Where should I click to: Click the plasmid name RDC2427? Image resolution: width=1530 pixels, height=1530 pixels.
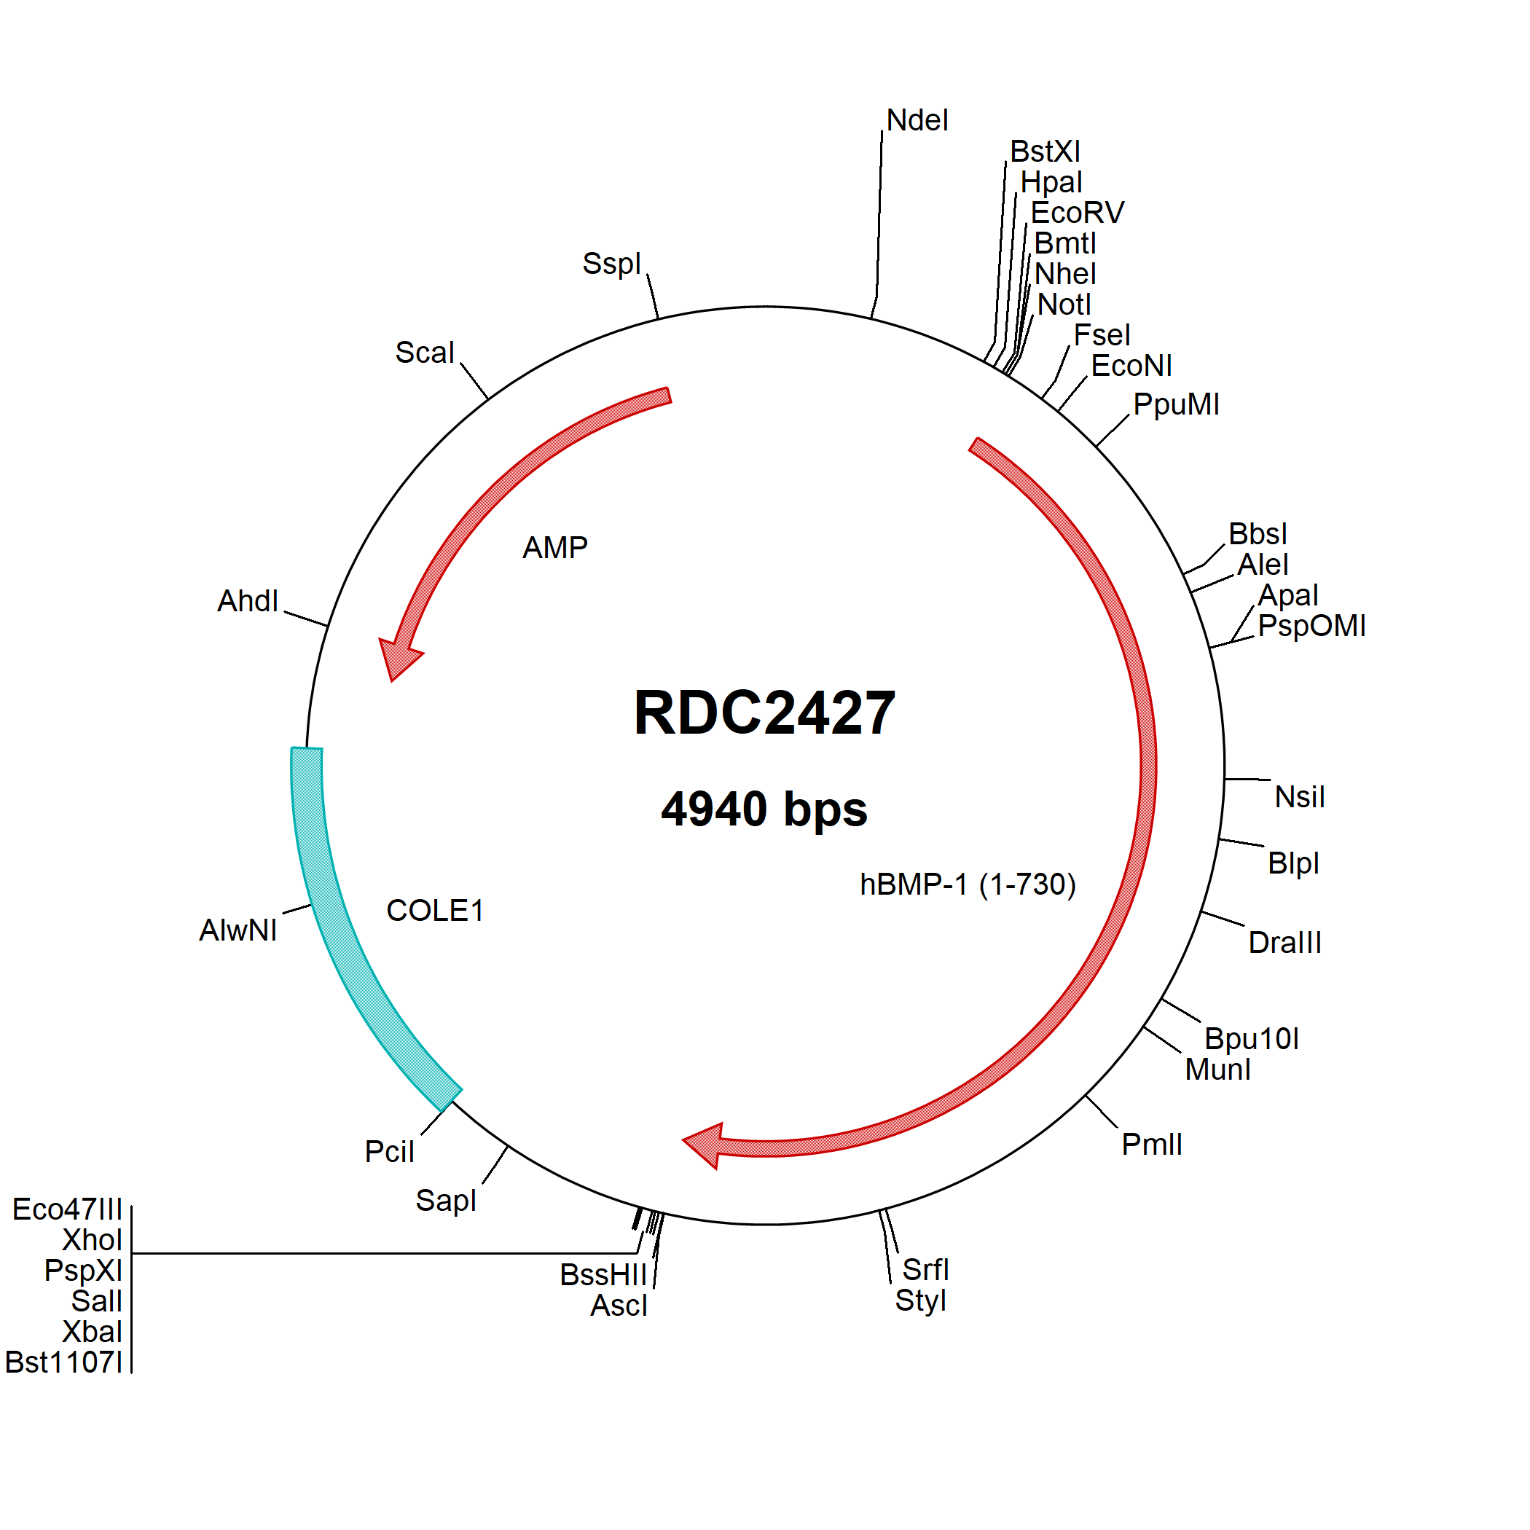coord(764,713)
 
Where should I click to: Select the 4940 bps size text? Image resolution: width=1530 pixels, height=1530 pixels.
coord(764,809)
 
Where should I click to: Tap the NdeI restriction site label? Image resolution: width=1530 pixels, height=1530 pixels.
coord(917,120)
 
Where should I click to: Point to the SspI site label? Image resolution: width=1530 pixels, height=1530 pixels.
coord(611,264)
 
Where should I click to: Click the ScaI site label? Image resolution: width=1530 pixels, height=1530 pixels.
coord(425,353)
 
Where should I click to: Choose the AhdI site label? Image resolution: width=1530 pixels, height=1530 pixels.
coord(248,601)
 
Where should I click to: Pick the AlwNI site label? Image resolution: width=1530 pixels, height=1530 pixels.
coord(238,930)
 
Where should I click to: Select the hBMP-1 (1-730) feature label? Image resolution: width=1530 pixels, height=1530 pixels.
coord(968,884)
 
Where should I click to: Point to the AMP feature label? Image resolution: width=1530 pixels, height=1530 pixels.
coord(555,548)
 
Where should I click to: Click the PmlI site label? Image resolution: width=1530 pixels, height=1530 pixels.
coord(1151,1145)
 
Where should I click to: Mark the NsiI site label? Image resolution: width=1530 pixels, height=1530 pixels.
coord(1300,796)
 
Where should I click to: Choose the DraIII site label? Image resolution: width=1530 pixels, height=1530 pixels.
coord(1284,942)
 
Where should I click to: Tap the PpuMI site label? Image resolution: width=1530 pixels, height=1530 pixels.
coord(1176,404)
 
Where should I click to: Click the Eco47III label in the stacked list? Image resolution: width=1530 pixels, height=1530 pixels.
coord(67,1209)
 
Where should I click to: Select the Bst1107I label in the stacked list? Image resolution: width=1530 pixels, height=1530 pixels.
coord(64,1362)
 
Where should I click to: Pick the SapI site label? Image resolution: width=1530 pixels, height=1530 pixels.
coord(446,1201)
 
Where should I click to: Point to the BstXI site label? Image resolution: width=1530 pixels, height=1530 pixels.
coord(1045,152)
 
